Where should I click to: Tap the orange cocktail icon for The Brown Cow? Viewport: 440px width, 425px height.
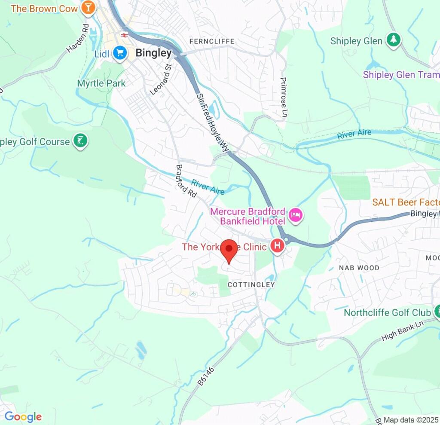tap(88, 8)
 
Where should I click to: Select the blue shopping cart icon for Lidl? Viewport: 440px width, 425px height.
tap(120, 53)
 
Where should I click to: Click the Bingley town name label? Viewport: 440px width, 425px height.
tap(153, 53)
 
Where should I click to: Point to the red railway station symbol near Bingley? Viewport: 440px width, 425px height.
tap(125, 35)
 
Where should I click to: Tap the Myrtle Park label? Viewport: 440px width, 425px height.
tap(101, 83)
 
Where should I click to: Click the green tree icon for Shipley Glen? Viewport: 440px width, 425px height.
tap(393, 40)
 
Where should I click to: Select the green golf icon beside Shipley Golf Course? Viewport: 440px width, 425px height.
tap(80, 141)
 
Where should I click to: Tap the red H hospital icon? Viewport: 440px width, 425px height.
tap(278, 246)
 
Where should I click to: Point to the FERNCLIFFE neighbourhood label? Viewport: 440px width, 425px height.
tap(212, 41)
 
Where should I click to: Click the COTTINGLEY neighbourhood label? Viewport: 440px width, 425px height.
tap(251, 284)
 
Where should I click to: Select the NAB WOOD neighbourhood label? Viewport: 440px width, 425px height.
tap(359, 268)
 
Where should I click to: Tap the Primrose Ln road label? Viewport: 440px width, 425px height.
tap(283, 98)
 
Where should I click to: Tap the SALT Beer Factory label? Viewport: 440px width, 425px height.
tap(406, 202)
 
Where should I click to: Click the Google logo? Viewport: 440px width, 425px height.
tap(23, 416)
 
